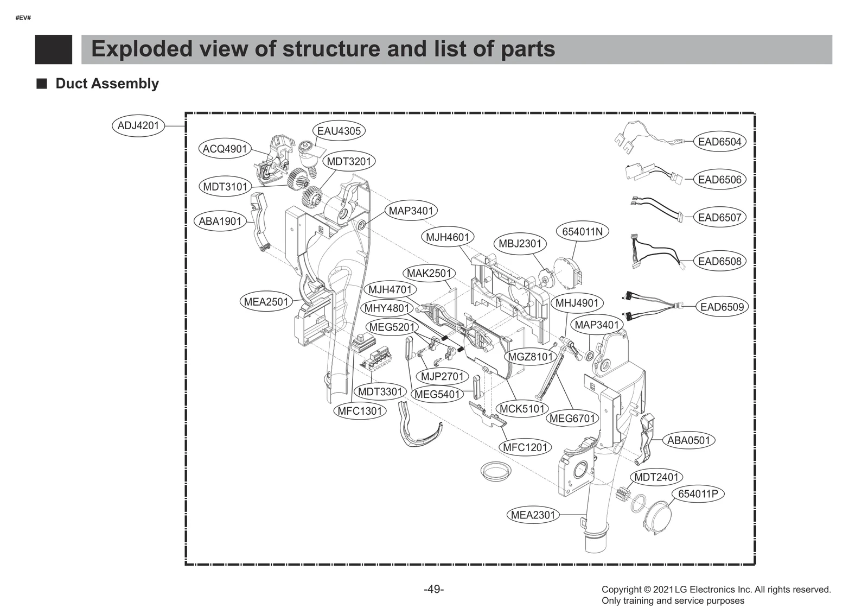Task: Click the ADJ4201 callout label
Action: click(138, 126)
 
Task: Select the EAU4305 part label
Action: click(339, 131)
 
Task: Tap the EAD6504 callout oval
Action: click(719, 142)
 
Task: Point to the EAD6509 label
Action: click(722, 307)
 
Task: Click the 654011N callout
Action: click(582, 232)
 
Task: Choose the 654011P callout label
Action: click(698, 494)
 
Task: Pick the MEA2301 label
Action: click(533, 515)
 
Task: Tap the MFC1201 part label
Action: click(525, 447)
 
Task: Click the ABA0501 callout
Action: click(688, 440)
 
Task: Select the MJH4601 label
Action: click(447, 237)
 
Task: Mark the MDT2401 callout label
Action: click(656, 477)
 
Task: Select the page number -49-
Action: click(433, 589)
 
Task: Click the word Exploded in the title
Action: click(142, 49)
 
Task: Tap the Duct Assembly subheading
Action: click(107, 84)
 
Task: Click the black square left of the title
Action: click(53, 49)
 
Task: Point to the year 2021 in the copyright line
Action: click(663, 590)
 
